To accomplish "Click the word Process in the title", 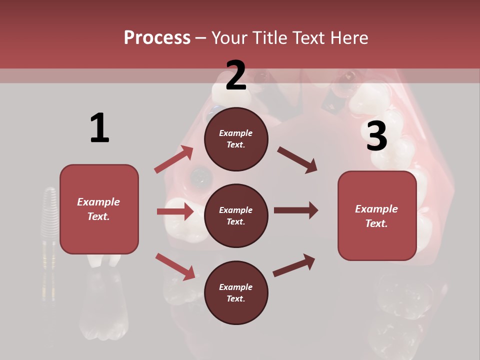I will tap(157, 38).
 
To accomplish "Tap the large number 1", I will tap(99, 128).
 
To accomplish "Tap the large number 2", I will tap(236, 75).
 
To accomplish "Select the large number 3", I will tap(376, 136).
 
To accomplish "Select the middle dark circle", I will tap(236, 215).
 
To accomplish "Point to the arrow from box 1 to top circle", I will tap(174, 159).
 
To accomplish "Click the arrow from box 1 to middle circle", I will tap(175, 211).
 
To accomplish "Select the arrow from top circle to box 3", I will tap(297, 159).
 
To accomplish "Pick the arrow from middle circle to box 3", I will tap(296, 210).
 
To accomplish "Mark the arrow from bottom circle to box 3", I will tap(294, 265).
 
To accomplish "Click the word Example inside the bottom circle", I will tap(235, 287).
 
